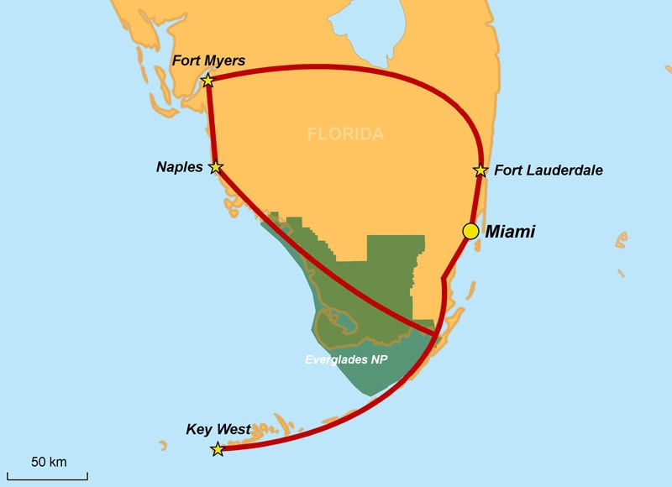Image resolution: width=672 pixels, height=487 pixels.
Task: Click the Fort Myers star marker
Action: coord(207,81)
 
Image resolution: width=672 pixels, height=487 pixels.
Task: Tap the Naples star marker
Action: coord(216,167)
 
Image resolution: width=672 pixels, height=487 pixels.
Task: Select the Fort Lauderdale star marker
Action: coord(480,170)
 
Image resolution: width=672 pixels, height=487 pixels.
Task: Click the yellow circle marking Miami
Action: coord(471,231)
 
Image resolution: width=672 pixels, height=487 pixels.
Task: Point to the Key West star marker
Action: coord(218,449)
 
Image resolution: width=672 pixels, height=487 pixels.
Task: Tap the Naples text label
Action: coord(179,167)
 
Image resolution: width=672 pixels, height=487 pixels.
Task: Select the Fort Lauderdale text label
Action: coord(548,170)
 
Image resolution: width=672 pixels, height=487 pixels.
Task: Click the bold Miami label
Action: coord(510,232)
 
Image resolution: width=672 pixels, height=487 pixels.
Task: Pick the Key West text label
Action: coord(218,430)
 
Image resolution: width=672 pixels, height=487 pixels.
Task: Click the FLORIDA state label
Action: coord(345,134)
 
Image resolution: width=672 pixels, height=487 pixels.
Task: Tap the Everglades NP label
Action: coord(351,359)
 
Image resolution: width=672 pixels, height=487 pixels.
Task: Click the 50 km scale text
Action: coord(49,462)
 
